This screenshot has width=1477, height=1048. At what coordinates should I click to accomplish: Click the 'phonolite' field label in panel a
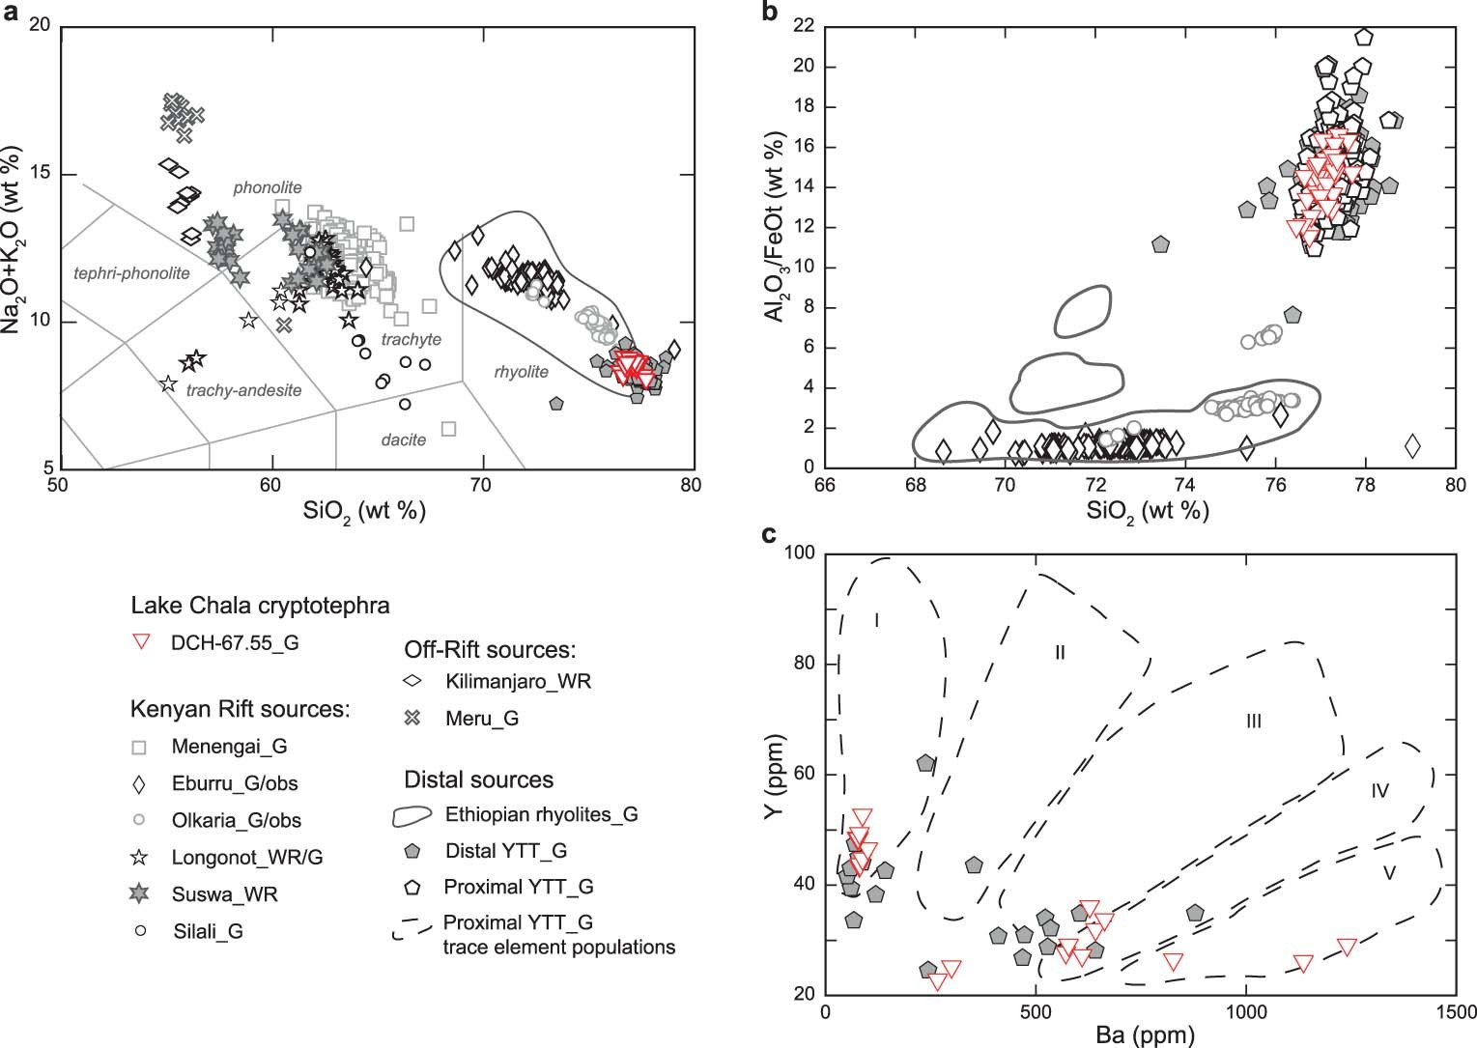pyautogui.click(x=268, y=187)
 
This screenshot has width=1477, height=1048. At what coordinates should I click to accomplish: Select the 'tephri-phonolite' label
pyautogui.click(x=131, y=273)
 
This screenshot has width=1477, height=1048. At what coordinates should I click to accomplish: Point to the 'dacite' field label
pyautogui.click(x=403, y=439)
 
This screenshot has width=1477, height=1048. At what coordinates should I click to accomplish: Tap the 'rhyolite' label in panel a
pyautogui.click(x=521, y=372)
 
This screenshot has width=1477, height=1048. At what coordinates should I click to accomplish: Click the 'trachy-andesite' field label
pyautogui.click(x=243, y=390)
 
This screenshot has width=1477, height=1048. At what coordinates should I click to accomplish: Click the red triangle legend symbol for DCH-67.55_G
pyautogui.click(x=142, y=641)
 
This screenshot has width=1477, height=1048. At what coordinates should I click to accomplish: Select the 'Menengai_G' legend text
pyautogui.click(x=229, y=746)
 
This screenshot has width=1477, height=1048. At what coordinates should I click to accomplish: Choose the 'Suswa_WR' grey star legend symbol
pyautogui.click(x=140, y=894)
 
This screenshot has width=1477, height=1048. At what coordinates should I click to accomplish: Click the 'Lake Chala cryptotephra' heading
pyautogui.click(x=260, y=606)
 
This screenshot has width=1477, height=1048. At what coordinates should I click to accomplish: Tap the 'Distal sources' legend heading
pyautogui.click(x=478, y=779)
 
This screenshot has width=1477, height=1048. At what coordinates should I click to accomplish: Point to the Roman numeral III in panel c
pyautogui.click(x=1253, y=722)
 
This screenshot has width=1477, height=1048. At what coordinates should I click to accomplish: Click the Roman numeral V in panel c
pyautogui.click(x=1389, y=873)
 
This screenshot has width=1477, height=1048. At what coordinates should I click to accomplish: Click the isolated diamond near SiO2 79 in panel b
pyautogui.click(x=1412, y=446)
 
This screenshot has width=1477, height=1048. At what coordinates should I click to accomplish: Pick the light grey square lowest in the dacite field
pyautogui.click(x=448, y=428)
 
